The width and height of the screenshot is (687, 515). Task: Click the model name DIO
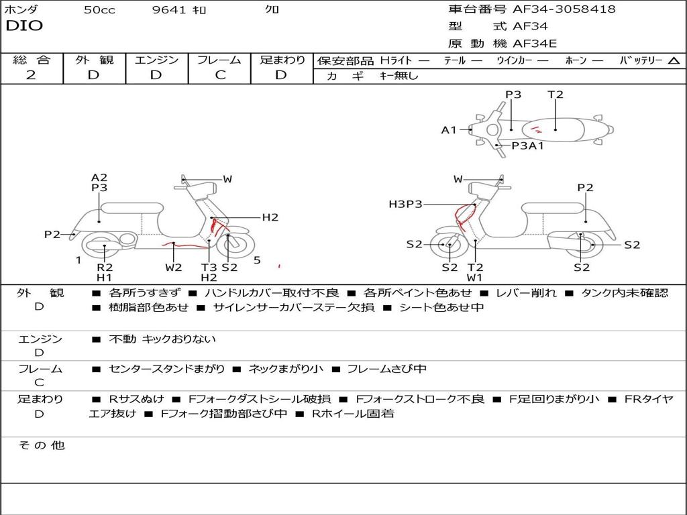tap(24, 26)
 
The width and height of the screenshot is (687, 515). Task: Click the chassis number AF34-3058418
tap(564, 9)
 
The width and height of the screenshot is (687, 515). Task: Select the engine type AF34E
tap(535, 44)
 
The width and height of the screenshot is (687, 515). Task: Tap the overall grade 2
tap(31, 75)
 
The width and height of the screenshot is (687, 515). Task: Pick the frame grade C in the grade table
tap(220, 75)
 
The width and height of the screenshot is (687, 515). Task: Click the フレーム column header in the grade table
tap(219, 60)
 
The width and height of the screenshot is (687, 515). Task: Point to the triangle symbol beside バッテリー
tap(674, 61)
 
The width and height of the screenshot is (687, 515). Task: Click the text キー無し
tap(399, 76)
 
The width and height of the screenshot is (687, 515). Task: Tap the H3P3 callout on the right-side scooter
tap(405, 204)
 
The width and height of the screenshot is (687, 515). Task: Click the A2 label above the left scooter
tap(99, 177)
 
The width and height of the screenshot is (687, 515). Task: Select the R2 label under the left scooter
tap(105, 267)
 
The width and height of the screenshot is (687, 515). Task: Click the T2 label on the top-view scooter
tap(555, 95)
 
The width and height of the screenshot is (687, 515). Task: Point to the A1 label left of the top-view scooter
tap(449, 130)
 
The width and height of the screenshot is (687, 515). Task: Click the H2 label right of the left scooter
tap(270, 217)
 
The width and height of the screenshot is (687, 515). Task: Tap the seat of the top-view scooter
tap(553, 130)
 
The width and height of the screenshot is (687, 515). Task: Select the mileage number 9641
tap(169, 9)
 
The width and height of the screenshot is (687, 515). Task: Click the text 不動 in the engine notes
tap(122, 339)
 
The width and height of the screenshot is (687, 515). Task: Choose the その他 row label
tap(42, 445)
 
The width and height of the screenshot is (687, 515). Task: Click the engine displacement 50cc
tap(99, 9)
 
